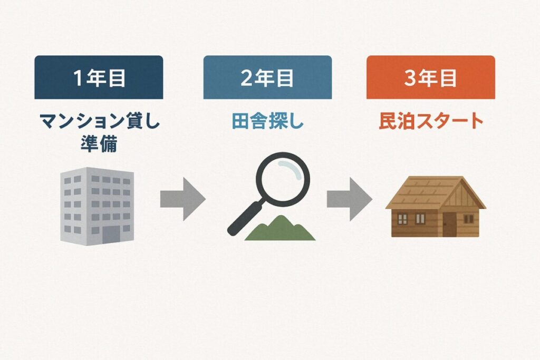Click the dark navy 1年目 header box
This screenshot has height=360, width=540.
pos(99,77)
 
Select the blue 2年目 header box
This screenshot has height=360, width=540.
pos(267,77)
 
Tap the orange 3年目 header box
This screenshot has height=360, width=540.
pos(430,77)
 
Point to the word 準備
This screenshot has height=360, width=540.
pos(99,143)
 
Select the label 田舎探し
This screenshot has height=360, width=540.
pos(267,121)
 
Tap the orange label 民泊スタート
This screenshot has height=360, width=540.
pos(431,121)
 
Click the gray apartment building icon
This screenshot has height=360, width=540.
pos(97,206)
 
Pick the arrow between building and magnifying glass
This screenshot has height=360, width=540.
pos(183,199)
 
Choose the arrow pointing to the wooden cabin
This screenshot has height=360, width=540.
pos(350,199)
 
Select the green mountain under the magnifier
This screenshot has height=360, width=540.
pos(280,229)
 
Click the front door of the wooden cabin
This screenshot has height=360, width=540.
pos(449,225)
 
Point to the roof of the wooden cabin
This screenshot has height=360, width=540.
pos(435,193)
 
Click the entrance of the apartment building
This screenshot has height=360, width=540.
pos(111,235)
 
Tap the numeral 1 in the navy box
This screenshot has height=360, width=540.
pos(78,78)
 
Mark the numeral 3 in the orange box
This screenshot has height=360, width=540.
pos(410,78)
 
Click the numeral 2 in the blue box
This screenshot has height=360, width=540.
pos(247,78)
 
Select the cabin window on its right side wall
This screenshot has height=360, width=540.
pos(468,219)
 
